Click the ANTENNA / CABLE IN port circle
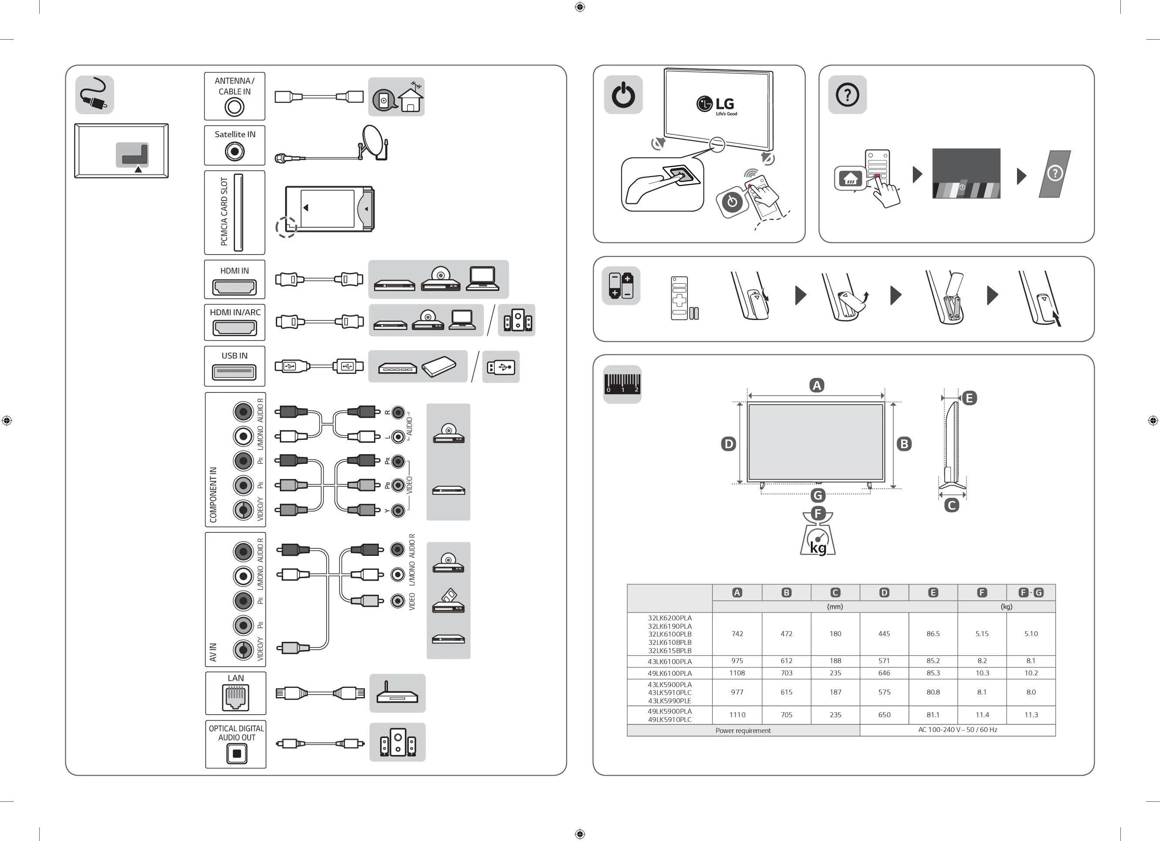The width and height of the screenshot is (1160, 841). [234, 107]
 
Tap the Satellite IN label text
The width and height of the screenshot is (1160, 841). [235, 134]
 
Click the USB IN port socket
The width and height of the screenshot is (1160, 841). [234, 372]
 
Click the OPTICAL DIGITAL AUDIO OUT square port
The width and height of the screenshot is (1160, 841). [236, 753]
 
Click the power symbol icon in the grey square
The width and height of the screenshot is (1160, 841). [623, 95]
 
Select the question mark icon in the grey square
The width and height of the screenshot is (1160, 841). [847, 95]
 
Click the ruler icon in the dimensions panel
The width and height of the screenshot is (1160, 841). [622, 384]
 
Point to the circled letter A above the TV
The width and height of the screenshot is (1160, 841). [817, 385]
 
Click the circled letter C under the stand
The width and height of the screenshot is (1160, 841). [951, 505]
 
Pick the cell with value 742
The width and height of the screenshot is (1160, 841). [737, 634]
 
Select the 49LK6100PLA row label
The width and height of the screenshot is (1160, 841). [670, 673]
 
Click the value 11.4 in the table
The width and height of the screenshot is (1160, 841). [982, 715]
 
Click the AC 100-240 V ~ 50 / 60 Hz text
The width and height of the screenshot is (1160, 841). [957, 729]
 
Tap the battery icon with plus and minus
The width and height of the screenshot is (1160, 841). [621, 286]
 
